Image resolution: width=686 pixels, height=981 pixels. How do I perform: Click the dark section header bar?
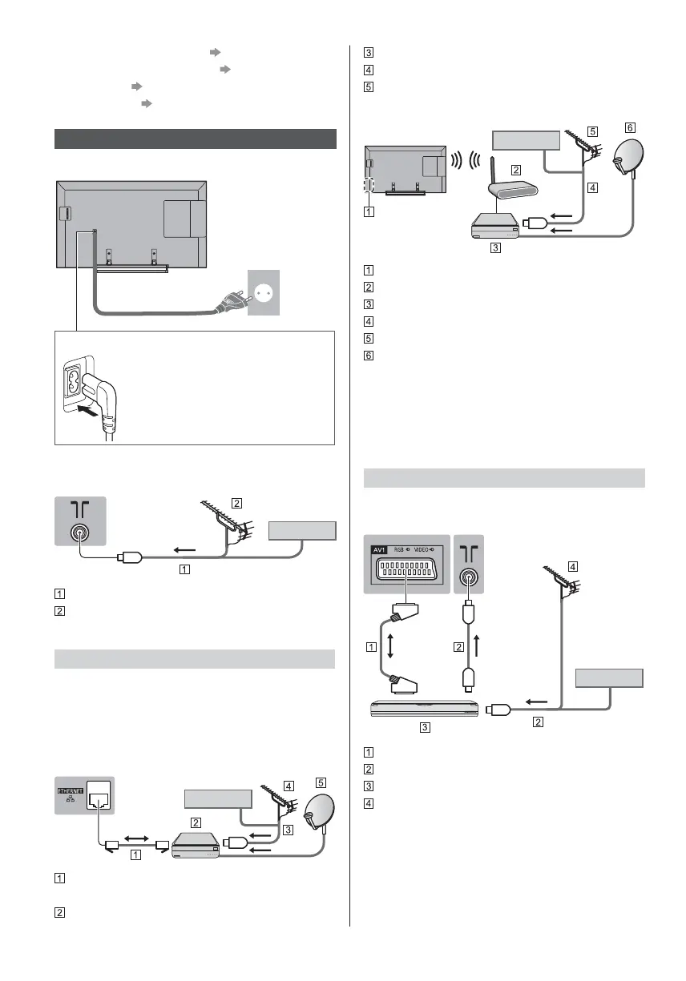click(x=195, y=138)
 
